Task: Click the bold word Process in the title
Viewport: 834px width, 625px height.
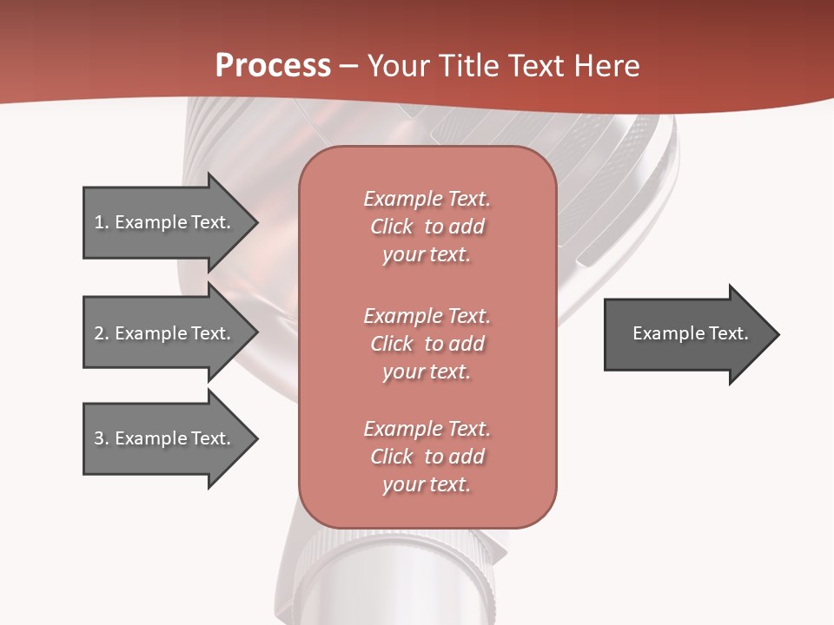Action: (273, 66)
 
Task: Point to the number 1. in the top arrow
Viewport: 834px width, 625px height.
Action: (102, 222)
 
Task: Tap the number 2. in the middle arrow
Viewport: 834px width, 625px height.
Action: (102, 333)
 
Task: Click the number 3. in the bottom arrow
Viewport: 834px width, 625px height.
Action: (102, 438)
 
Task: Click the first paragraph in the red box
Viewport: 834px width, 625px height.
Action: (427, 227)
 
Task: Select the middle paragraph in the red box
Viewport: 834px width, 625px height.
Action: (427, 344)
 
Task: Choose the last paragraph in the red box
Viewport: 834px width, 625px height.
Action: (427, 457)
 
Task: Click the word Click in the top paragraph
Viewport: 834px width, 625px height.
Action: (392, 227)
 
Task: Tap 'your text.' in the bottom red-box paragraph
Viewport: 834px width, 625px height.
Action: (427, 485)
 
